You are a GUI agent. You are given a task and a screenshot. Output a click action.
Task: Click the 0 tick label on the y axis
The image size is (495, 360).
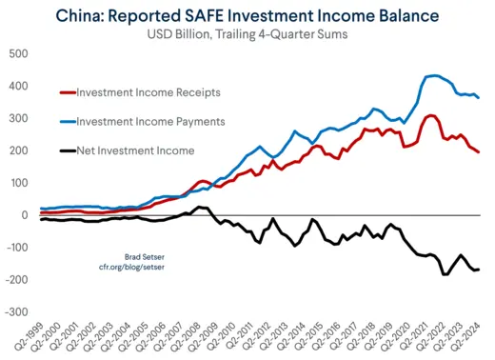tap(26, 214)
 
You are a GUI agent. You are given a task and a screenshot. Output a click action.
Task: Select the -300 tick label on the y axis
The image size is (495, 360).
tap(15, 311)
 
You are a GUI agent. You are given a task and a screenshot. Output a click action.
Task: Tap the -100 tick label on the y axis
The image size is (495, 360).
tap(15, 247)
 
